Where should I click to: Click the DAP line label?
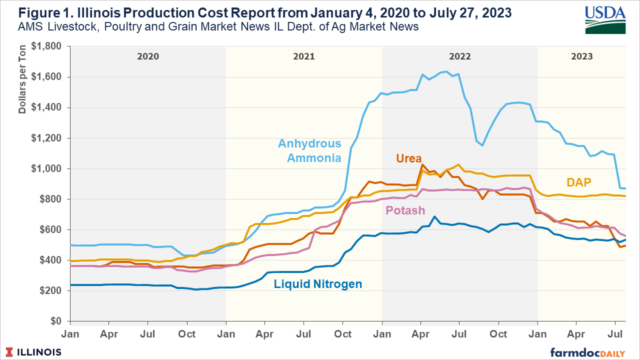(x=579, y=182)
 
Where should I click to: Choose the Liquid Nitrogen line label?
(x=318, y=284)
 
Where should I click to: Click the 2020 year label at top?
(x=148, y=56)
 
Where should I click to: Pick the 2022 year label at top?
(x=459, y=56)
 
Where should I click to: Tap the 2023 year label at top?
(x=582, y=56)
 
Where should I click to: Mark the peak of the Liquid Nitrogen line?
(x=434, y=217)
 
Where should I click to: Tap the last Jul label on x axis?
(x=615, y=332)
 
